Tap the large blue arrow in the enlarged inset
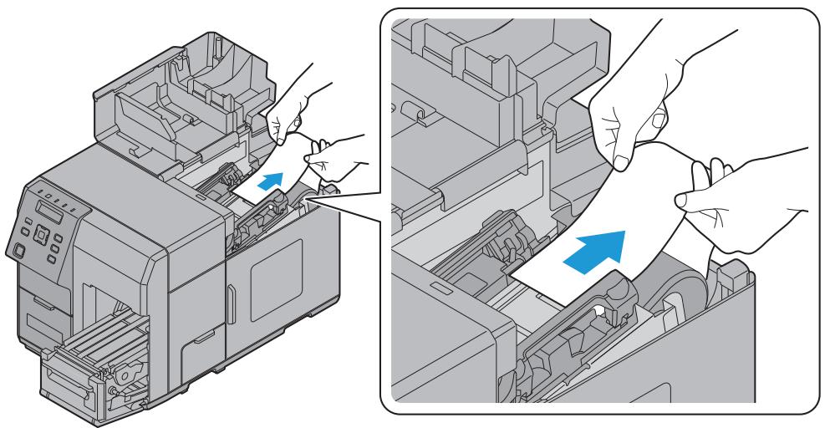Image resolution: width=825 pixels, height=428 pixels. click(x=594, y=250)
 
